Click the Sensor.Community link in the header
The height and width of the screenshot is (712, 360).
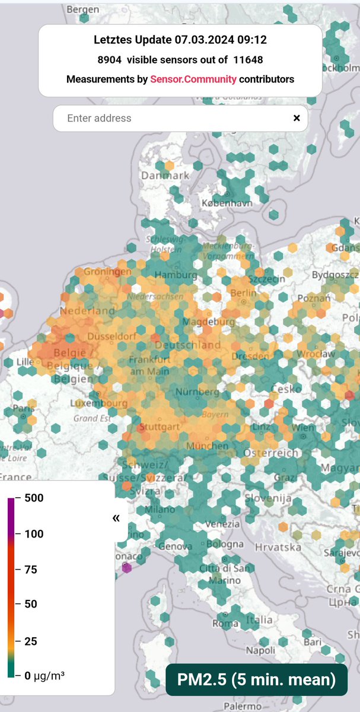[193, 79]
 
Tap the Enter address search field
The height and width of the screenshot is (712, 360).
[172, 118]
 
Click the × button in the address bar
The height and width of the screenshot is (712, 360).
[297, 118]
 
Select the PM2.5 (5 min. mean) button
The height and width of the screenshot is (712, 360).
[256, 679]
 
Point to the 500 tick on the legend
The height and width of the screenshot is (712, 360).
[34, 498]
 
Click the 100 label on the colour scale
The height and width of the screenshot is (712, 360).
[34, 534]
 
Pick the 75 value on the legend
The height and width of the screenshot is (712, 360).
[30, 570]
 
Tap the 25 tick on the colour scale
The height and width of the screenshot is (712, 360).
[30, 641]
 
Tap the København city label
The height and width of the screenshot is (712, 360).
[227, 203]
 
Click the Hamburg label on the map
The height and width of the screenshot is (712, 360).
[176, 275]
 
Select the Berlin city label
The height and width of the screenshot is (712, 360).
[244, 293]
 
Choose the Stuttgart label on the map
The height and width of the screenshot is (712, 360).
[160, 426]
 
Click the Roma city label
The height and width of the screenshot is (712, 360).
[225, 624]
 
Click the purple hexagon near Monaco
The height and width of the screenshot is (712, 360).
[126, 568]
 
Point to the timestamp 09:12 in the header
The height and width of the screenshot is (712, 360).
[253, 40]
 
